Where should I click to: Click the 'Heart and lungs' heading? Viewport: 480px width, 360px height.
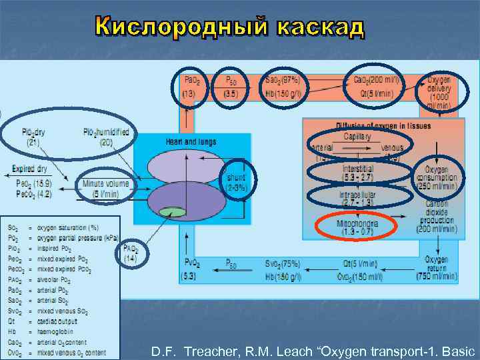(x=192, y=141)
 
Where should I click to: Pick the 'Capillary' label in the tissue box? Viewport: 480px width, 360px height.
(x=358, y=136)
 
